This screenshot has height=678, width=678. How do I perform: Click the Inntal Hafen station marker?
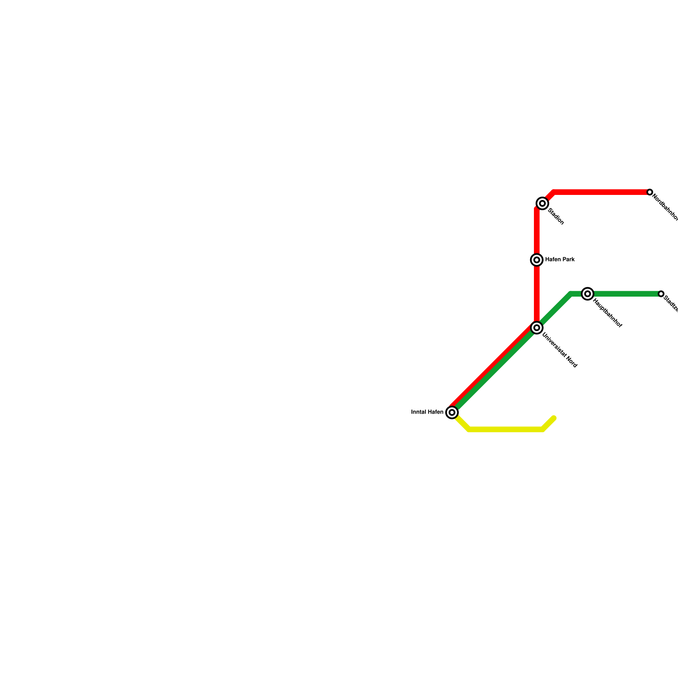point(452,412)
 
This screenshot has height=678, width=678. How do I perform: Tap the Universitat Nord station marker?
point(537,328)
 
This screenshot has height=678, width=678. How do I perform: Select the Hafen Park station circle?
point(537,260)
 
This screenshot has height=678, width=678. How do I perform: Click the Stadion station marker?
point(542,203)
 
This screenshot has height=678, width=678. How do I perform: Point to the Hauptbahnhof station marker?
point(587,294)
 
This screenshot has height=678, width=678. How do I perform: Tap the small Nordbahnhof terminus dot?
point(650,192)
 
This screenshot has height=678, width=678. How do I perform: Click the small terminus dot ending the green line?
point(661,294)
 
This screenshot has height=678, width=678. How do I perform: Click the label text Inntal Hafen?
point(427,412)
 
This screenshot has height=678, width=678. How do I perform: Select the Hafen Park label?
point(560,259)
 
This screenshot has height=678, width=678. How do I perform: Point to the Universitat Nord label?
point(560,351)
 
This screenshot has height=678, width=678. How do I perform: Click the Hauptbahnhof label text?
point(608,314)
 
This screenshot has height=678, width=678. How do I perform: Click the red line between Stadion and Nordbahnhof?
point(602,192)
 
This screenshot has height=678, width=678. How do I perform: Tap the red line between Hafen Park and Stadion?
point(537,231)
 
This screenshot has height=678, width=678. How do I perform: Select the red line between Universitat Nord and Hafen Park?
point(537,292)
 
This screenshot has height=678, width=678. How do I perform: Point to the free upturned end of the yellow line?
point(554,419)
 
